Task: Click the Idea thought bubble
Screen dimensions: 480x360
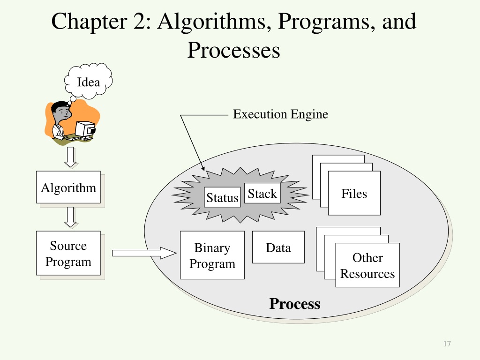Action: tap(89, 81)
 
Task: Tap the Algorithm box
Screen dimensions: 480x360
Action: tap(68, 187)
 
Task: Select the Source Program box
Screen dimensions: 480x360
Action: tap(68, 253)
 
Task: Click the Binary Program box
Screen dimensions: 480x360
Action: tap(212, 255)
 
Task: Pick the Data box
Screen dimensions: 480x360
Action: tap(278, 247)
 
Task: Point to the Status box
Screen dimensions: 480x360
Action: tap(222, 197)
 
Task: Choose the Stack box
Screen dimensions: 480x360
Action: tap(262, 193)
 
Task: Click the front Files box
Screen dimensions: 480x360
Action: tap(354, 193)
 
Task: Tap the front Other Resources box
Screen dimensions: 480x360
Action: tap(367, 265)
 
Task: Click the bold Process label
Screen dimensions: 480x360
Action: tap(295, 304)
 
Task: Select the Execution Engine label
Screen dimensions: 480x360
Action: tap(281, 114)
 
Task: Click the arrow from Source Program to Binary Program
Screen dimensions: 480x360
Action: tap(144, 253)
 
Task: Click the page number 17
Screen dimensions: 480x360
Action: tap(447, 344)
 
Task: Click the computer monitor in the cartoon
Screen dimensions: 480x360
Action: tap(85, 129)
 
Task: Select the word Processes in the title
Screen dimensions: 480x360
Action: tap(233, 50)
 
